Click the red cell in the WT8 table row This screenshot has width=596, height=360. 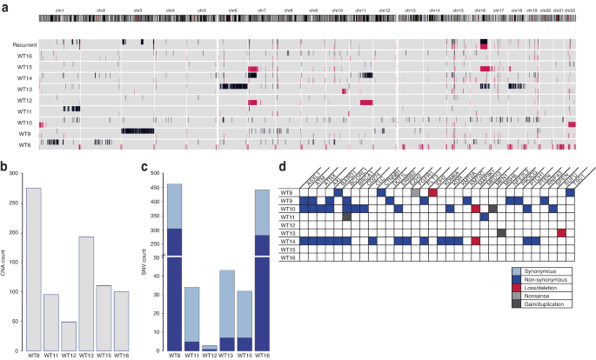[x=432, y=191]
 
